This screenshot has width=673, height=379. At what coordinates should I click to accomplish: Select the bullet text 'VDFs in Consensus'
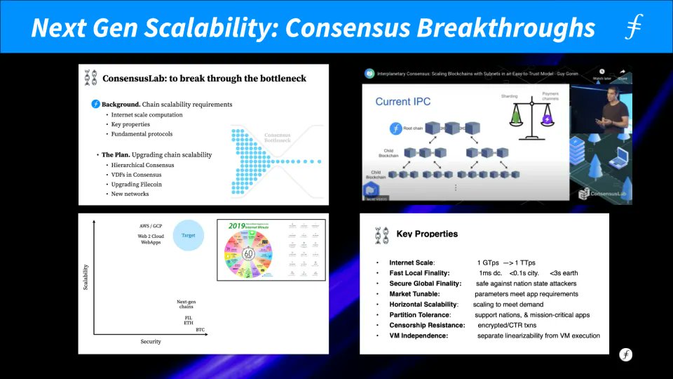(137, 175)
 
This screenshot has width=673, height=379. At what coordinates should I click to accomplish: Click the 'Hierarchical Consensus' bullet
(142, 165)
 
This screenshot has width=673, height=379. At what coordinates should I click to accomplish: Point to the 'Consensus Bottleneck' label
(278, 138)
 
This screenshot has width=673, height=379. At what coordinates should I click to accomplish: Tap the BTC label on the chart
(200, 329)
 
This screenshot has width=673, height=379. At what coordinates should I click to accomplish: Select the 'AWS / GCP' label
(151, 226)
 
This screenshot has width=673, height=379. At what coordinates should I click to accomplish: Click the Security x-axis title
(151, 342)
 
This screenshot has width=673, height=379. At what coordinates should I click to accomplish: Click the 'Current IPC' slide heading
(402, 102)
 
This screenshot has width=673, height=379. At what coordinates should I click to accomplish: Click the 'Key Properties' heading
(426, 234)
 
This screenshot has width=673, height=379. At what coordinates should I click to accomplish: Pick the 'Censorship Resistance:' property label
(427, 326)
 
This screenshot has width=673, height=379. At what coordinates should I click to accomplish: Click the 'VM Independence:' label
(419, 336)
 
